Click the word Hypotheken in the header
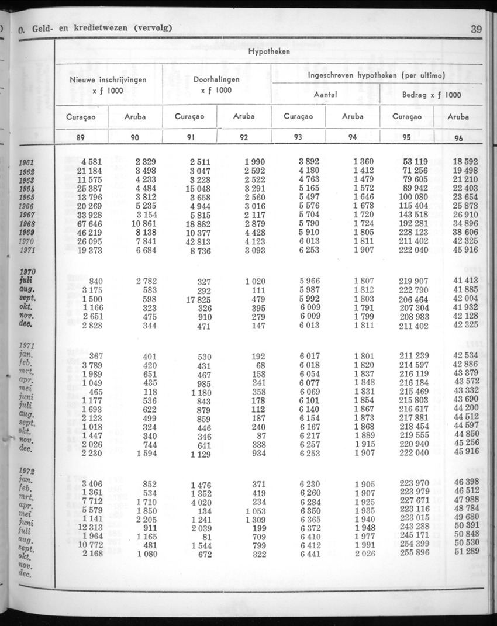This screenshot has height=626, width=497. coord(268,51)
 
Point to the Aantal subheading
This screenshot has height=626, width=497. coord(326,94)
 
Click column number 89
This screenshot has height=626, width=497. coord(81,139)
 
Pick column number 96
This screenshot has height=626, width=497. coord(458,139)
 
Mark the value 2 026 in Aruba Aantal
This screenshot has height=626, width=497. coord(364,554)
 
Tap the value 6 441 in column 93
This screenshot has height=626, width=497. coord(310,554)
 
